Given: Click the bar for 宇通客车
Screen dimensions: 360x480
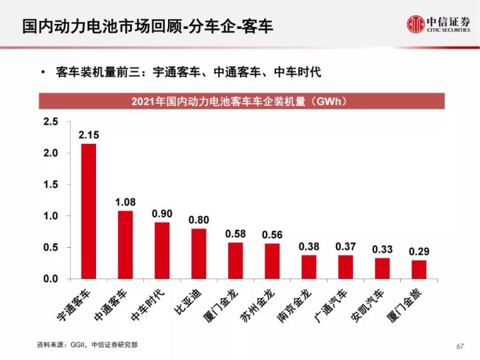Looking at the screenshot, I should (x=89, y=211).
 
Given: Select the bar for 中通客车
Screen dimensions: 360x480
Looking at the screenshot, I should (x=125, y=245).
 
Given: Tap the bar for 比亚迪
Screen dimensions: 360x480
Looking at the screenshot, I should (x=199, y=254).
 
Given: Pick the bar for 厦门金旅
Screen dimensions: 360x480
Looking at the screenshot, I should (x=419, y=269).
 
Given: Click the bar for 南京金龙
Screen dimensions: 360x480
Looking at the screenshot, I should (x=308, y=267).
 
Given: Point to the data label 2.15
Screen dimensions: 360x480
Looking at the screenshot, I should (x=89, y=135).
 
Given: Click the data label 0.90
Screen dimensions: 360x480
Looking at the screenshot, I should (x=162, y=214).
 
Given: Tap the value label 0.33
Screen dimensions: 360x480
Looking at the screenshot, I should (x=382, y=250).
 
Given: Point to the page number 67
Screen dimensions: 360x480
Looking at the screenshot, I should (x=461, y=346).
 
